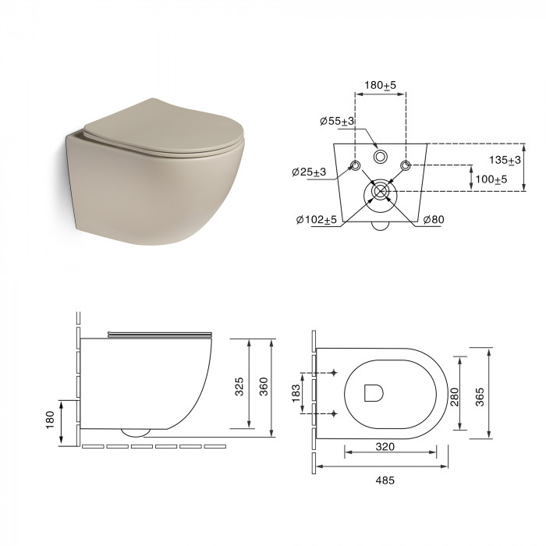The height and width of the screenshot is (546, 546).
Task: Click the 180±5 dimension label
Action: point(381,85)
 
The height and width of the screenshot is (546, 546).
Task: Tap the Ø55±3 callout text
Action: point(337,121)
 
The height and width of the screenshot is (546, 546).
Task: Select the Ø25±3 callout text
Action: point(309,172)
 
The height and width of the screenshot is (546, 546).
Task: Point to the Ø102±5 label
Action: point(317,220)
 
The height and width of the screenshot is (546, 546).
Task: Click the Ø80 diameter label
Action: point(434,220)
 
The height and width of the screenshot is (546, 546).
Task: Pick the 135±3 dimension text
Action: point(505,160)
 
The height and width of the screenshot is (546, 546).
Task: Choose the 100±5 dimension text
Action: point(491,179)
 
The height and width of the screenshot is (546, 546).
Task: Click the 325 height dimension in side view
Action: point(239,386)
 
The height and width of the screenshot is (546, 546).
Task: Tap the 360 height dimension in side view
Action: point(264,386)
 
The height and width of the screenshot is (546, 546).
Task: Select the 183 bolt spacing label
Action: point(296,393)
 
